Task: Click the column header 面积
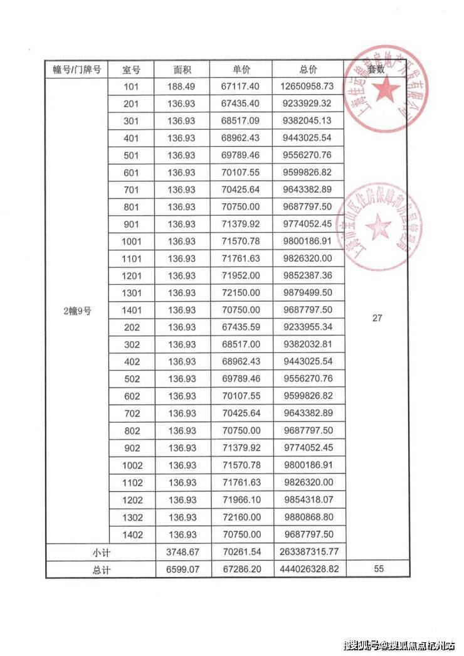[182, 70]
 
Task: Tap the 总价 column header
[308, 70]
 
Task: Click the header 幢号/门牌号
[76, 70]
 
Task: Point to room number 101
[133, 87]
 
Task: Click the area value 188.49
[182, 87]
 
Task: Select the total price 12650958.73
[308, 87]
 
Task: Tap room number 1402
[133, 534]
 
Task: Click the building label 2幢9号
[76, 310]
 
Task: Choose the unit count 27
[377, 318]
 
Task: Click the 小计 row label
[101, 552]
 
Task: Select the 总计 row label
[101, 569]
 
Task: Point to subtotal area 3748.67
[182, 552]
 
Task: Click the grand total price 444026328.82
[308, 569]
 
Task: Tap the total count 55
[377, 569]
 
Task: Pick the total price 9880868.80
[308, 517]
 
